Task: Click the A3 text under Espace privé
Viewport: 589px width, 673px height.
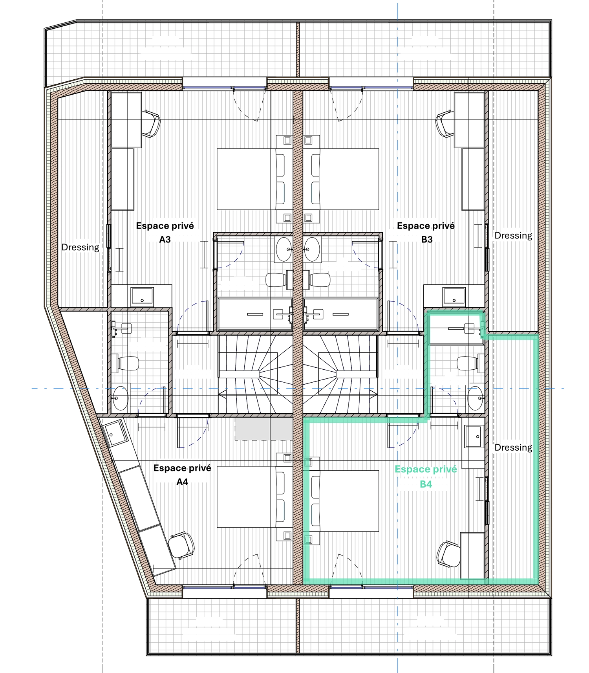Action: point(165,239)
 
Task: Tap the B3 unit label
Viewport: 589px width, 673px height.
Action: point(426,239)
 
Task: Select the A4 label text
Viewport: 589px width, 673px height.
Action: point(182,482)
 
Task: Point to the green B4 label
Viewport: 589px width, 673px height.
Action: point(426,484)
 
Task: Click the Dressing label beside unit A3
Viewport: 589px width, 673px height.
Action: point(80,247)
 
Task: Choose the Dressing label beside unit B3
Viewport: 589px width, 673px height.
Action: point(513,235)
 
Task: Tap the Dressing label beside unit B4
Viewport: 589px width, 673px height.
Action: point(513,447)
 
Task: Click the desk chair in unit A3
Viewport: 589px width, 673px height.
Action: point(151,123)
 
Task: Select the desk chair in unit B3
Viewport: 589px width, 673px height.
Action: point(445,123)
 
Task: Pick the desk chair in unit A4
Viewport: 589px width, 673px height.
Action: point(181,545)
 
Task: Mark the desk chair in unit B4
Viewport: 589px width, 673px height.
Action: point(448,554)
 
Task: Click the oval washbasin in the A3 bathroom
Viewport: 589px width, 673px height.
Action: point(284,249)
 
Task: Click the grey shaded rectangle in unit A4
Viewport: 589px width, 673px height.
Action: point(264,429)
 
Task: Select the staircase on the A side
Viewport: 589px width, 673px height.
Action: point(256,374)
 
